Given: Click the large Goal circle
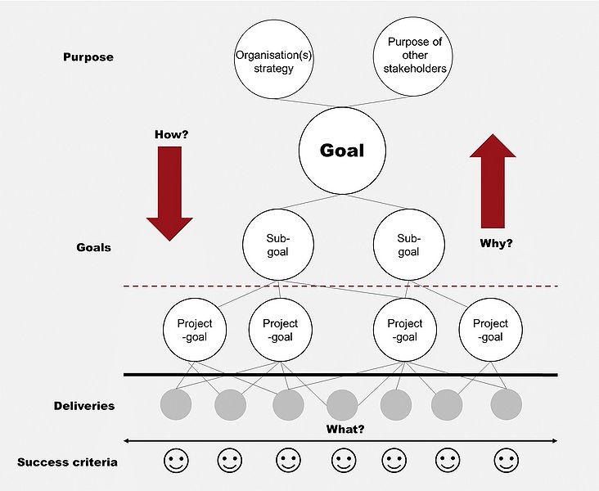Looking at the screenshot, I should (x=341, y=151).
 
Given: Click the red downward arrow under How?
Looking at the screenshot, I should (x=169, y=194).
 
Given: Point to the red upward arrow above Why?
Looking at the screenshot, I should (x=493, y=181).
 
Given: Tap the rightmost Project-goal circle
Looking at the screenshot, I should (x=490, y=330).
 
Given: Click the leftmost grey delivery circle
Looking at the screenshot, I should (x=176, y=404).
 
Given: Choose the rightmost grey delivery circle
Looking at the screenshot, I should (x=507, y=404).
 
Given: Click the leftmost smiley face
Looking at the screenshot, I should (x=176, y=461).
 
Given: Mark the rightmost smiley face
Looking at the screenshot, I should (x=507, y=461).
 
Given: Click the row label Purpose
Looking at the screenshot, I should (x=88, y=57).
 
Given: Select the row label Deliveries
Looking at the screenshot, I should (x=84, y=406).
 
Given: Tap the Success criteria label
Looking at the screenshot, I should (x=67, y=462).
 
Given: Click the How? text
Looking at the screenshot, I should (x=172, y=133).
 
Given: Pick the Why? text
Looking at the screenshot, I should (x=494, y=243).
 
